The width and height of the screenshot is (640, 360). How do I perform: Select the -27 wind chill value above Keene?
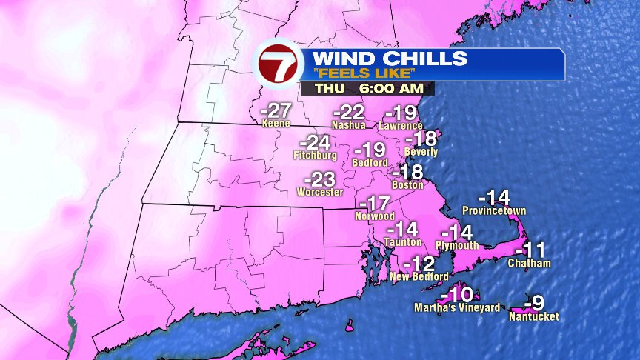point(276,112)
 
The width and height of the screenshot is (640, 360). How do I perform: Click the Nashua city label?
point(348,126)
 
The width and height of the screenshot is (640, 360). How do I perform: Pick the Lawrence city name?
point(400,126)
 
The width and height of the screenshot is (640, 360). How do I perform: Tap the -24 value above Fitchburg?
point(314,143)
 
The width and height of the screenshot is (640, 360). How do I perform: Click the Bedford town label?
point(370,162)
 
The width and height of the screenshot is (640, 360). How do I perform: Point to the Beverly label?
point(421,152)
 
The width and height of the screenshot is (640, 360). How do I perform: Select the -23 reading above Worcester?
point(320,179)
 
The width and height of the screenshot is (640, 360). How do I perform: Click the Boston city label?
point(407,185)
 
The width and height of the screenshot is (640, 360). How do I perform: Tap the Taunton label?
point(403,242)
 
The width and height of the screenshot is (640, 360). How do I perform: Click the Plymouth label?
point(457,245)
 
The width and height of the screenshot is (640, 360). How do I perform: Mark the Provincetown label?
point(494,211)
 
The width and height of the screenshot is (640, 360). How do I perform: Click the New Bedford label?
point(419,276)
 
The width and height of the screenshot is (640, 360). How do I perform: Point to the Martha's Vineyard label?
point(456,307)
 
